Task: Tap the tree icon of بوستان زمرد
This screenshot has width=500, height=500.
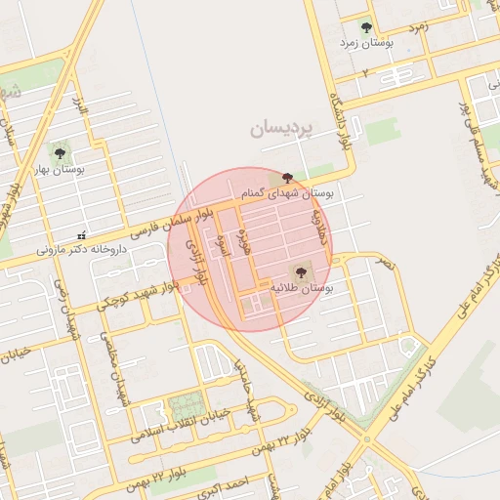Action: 366,28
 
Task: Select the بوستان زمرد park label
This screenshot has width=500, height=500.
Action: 363,44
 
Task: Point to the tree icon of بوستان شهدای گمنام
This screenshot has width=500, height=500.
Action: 286,178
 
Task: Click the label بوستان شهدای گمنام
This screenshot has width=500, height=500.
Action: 289,193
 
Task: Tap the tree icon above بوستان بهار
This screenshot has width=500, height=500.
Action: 60,152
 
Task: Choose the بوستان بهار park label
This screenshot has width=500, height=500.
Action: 63,169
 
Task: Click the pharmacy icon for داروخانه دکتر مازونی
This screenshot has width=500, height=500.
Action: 81,233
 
